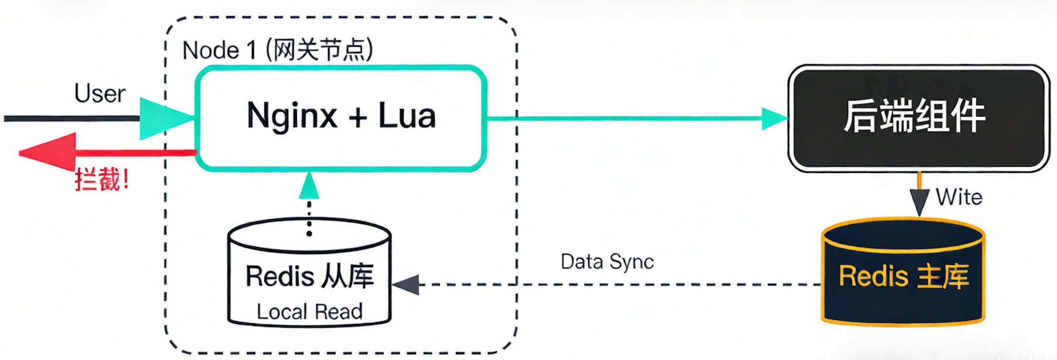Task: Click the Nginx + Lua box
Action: [x=341, y=144]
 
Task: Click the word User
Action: [x=100, y=94]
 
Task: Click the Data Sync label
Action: [x=607, y=261]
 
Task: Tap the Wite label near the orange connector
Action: [x=959, y=198]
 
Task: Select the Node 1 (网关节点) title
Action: [x=277, y=50]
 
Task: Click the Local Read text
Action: [x=309, y=311]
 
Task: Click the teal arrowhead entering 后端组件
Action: [x=774, y=119]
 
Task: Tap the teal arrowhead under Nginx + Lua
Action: [x=309, y=186]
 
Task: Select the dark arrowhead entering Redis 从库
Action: [x=406, y=284]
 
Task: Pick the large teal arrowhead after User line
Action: [x=164, y=119]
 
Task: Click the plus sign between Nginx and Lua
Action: [x=358, y=117]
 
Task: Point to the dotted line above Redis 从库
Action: [x=309, y=218]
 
